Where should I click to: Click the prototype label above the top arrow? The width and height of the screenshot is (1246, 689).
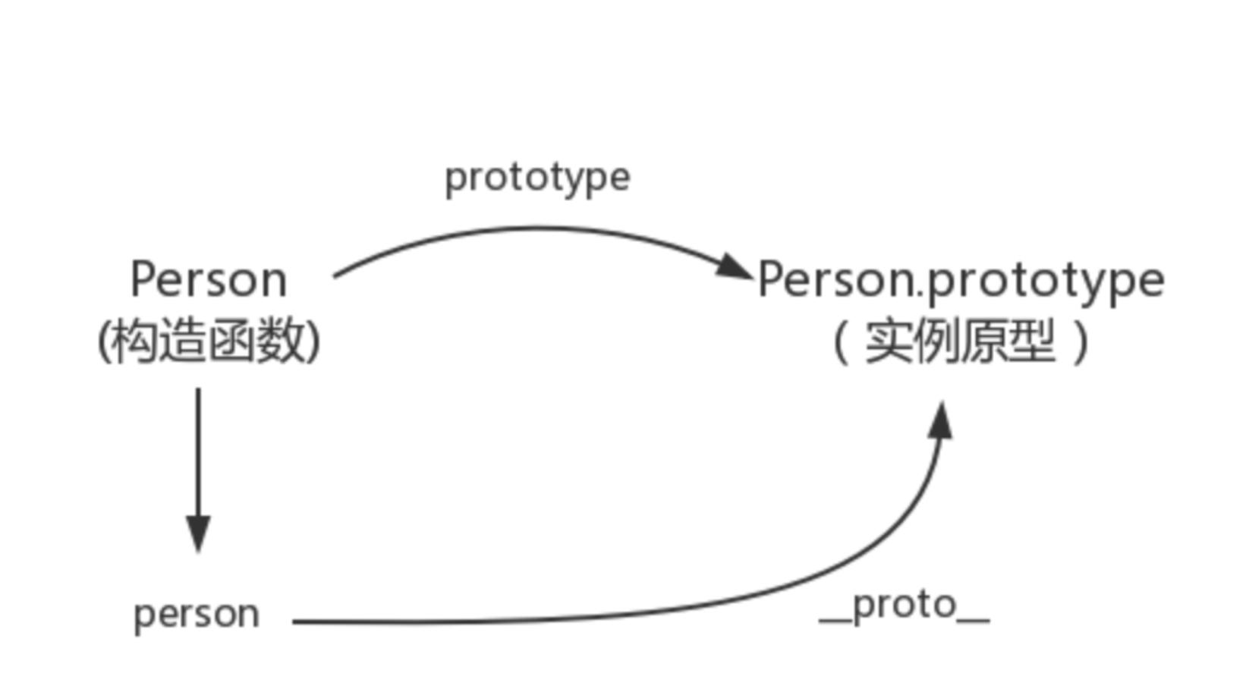(x=537, y=178)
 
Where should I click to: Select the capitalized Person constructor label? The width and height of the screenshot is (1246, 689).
(x=209, y=280)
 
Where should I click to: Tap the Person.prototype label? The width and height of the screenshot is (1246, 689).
(x=961, y=280)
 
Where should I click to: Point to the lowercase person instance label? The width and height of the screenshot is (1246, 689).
(x=197, y=614)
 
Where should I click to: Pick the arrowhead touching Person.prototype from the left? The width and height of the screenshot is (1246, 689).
(x=734, y=267)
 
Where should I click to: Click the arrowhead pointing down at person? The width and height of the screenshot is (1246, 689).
(x=199, y=533)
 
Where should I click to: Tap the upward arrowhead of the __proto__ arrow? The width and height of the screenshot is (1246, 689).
(x=941, y=422)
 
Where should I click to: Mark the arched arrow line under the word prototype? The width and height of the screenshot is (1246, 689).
(x=531, y=228)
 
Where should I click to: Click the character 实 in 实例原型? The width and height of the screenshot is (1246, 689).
(x=889, y=342)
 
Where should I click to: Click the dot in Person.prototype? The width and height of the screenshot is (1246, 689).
(x=920, y=293)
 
